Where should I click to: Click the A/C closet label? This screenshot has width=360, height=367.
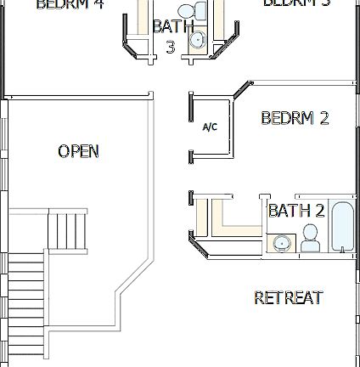[x=210, y=127]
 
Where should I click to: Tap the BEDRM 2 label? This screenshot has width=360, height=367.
[x=295, y=118]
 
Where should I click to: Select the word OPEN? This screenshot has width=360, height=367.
[x=78, y=151]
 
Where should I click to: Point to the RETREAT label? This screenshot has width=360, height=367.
[x=289, y=297]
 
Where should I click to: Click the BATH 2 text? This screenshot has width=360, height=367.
[x=296, y=211]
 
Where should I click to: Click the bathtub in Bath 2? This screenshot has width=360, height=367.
[x=342, y=228]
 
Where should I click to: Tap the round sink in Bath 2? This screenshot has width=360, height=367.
[x=281, y=245]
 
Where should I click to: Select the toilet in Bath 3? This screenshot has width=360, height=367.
[x=200, y=11]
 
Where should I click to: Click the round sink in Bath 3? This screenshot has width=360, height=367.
[x=197, y=39]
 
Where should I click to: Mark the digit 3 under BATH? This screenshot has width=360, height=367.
[x=170, y=47]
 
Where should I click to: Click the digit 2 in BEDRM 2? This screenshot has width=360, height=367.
[x=323, y=118]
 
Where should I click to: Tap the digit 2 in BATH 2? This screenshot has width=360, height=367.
[x=319, y=211]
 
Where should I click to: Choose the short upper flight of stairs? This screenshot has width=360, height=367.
[x=66, y=229]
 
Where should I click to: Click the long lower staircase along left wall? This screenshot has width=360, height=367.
[x=25, y=306]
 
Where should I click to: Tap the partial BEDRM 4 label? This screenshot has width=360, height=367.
[x=70, y=4]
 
